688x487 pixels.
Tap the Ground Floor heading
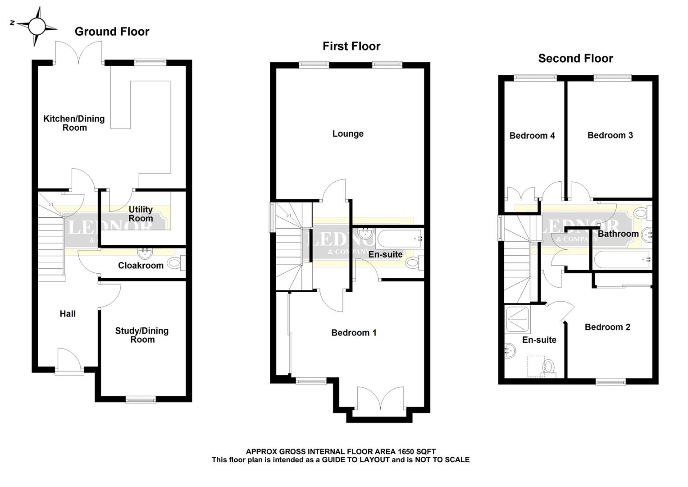click(112, 32)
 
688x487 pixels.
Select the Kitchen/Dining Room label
click(74, 123)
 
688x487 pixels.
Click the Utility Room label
click(141, 214)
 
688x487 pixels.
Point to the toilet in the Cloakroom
click(175, 263)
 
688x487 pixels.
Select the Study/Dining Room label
click(142, 335)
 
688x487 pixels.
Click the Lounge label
click(348, 134)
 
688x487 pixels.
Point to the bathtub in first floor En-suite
click(399, 237)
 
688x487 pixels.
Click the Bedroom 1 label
click(354, 333)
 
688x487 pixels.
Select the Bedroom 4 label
click(532, 136)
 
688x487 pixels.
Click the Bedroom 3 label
click(610, 135)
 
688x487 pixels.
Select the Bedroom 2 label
click(607, 327)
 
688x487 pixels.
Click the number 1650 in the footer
click(407, 451)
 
